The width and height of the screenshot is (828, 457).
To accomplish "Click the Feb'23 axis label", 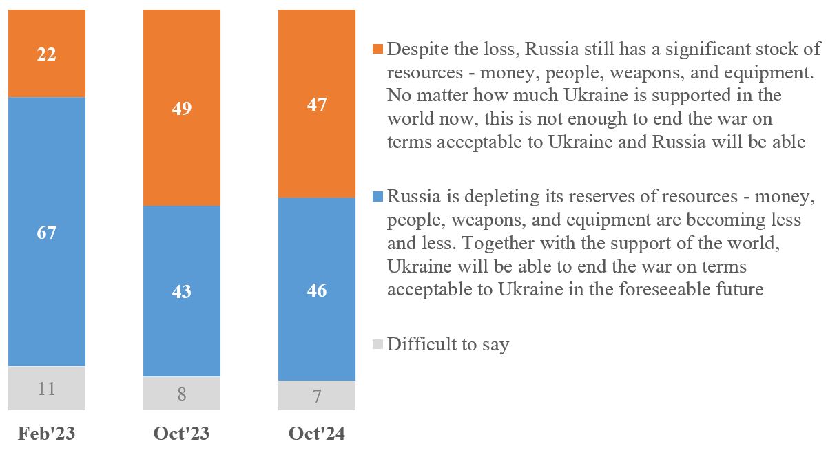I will pyautogui.click(x=47, y=434).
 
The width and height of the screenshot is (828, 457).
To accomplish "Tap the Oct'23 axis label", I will pyautogui.click(x=182, y=434).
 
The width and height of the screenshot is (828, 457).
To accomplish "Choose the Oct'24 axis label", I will pyautogui.click(x=317, y=434).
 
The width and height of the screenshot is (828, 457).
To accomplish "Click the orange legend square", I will pyautogui.click(x=377, y=50).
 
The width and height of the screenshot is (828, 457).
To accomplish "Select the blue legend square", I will pyautogui.click(x=377, y=197).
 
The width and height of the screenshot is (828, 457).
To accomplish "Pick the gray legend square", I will pyautogui.click(x=377, y=344).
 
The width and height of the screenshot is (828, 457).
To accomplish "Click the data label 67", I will pyautogui.click(x=47, y=232).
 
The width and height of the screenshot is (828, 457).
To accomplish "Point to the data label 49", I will pyautogui.click(x=182, y=108).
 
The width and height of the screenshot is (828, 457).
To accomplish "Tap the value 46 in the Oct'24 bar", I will pyautogui.click(x=317, y=290).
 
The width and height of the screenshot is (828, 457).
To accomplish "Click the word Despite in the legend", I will pyautogui.click(x=415, y=50).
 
